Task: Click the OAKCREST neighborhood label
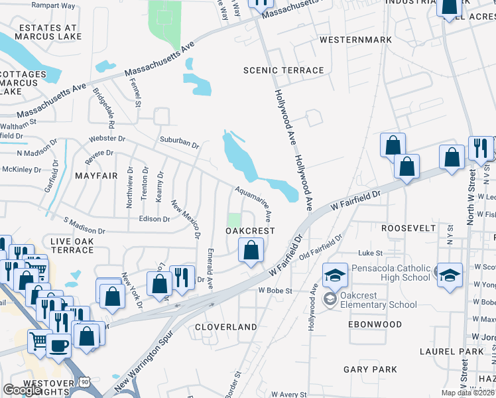250,230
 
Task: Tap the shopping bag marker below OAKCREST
251,251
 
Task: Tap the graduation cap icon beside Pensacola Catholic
336,273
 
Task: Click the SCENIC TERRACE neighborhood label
284,70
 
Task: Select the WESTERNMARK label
355,40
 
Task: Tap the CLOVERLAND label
226,327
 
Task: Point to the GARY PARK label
370,369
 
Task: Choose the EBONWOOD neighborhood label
375,324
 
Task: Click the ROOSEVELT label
408,228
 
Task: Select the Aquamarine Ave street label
254,204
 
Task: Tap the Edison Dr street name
154,218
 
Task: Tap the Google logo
22,390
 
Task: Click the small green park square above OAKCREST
233,220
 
